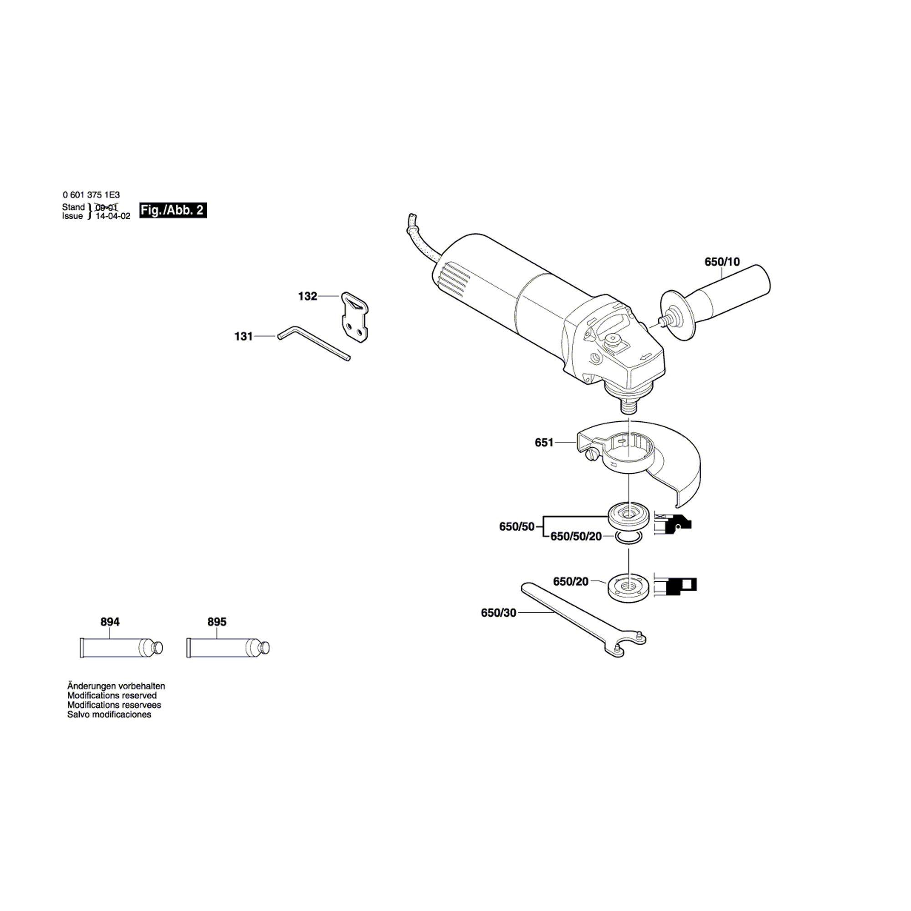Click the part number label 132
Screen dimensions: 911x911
[x=307, y=296]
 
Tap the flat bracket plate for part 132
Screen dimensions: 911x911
[x=354, y=317]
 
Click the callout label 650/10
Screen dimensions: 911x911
[x=722, y=262]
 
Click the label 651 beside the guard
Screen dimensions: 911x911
[x=544, y=442]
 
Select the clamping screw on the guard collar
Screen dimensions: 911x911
[x=591, y=455]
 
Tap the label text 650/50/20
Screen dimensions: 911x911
[x=576, y=537]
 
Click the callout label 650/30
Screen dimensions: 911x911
[x=498, y=613]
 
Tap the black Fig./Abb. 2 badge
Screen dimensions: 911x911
[x=173, y=210]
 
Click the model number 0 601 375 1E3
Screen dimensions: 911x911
[x=91, y=195]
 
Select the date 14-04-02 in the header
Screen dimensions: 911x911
[x=113, y=216]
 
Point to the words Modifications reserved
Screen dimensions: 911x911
[x=112, y=696]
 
